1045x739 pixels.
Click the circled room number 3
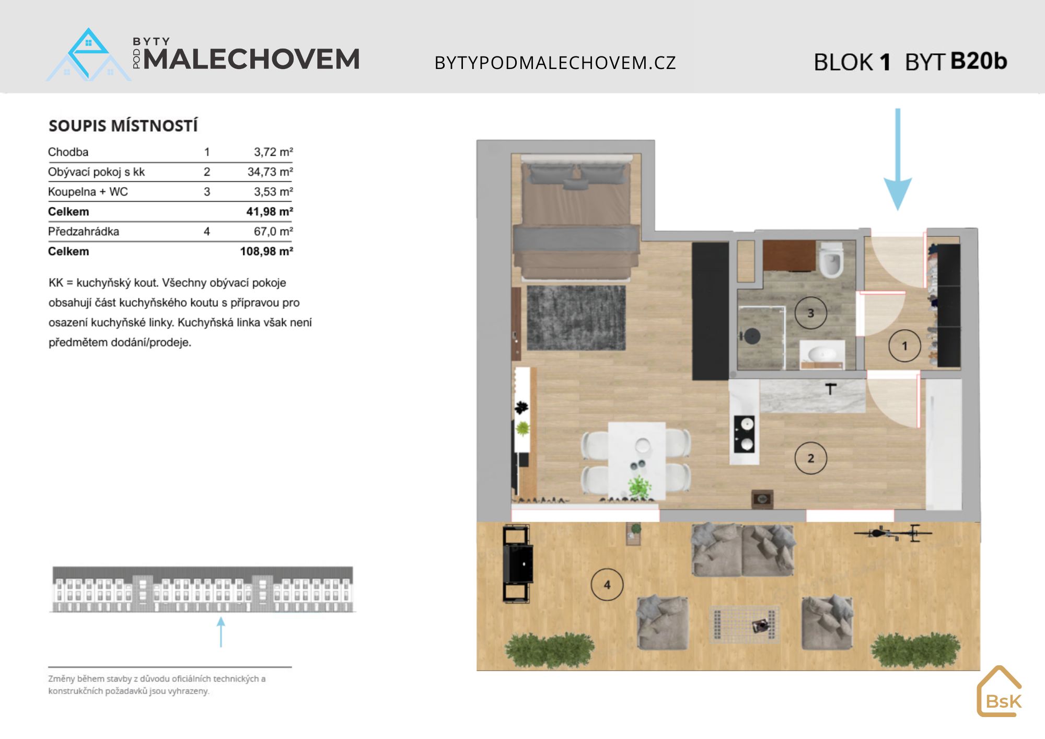tap(810, 313)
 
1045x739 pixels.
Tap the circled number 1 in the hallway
tap(904, 346)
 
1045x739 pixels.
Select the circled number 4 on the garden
tap(607, 584)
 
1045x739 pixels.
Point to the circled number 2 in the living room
tap(810, 458)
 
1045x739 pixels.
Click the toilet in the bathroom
tap(830, 259)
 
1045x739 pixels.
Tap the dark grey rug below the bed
tap(576, 317)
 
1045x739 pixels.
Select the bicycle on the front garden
tap(893, 533)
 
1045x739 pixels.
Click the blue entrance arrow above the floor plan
tap(898, 159)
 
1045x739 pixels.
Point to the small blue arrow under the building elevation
tap(221, 632)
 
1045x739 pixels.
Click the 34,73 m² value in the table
tap(270, 172)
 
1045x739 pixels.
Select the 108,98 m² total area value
tap(266, 251)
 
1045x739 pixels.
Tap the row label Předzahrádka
tap(84, 232)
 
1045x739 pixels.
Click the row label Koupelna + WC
tap(88, 192)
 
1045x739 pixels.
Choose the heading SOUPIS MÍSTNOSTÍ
tap(123, 126)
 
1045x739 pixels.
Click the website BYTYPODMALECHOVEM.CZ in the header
tap(555, 63)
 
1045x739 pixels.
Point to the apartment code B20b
tap(979, 61)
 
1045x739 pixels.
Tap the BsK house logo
tap(1000, 691)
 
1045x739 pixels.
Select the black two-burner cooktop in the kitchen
tap(744, 433)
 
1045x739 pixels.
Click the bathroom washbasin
tap(822, 354)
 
